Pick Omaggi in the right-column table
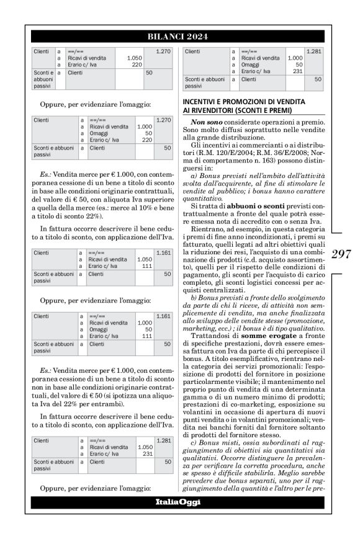[x=251, y=65]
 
